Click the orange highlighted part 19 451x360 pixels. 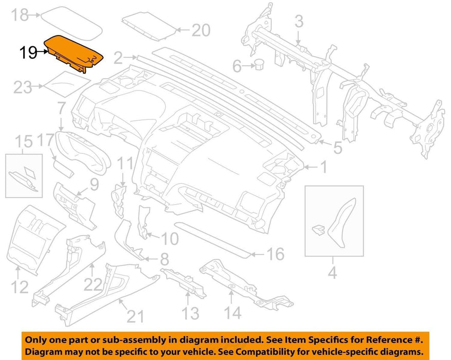pos(74,53)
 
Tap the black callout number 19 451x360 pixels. pos(28,53)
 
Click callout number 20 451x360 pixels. pos(201,30)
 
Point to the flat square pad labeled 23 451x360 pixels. pos(67,84)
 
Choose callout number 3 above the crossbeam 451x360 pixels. pos(299,22)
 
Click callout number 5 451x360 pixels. pos(338,148)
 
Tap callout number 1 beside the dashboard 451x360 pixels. pos(324,167)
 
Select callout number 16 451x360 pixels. pos(276,254)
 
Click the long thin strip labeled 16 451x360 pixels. pos(212,239)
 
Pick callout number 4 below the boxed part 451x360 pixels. pos(333,272)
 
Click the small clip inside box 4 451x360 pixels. pos(318,229)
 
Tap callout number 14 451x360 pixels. pos(232,313)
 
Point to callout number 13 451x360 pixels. pos(190,313)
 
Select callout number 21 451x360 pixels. pos(135,317)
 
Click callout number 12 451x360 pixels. pos(20,287)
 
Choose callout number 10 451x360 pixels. pos(170,239)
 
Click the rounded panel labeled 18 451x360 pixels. pos(71,23)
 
